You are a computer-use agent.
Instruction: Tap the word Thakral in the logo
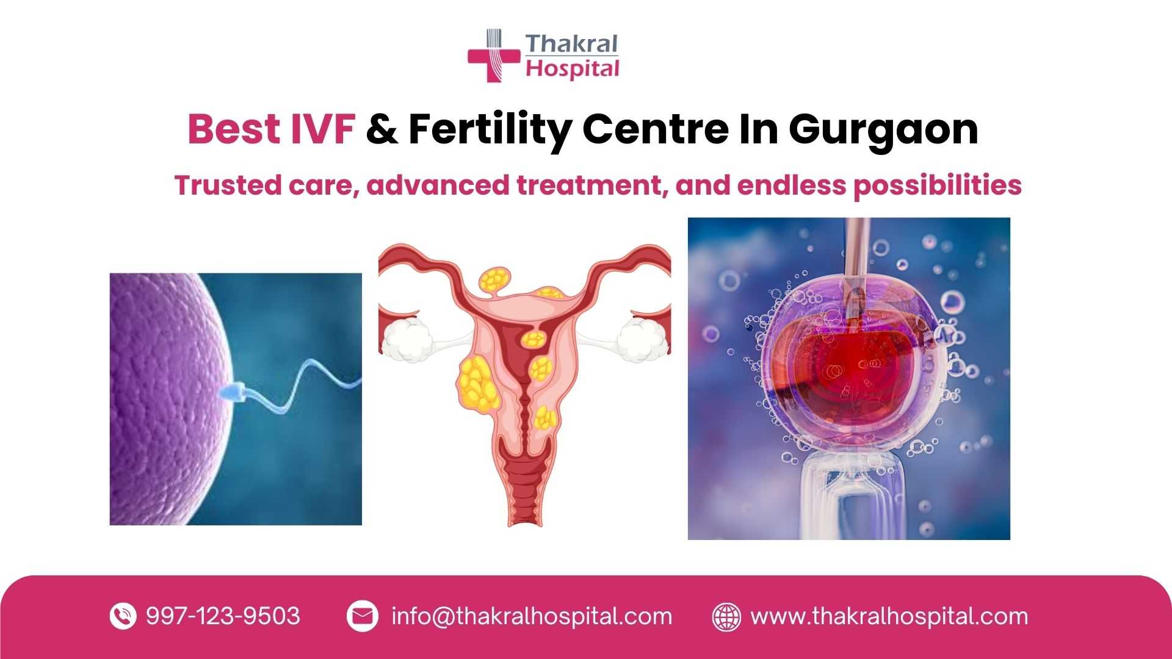(x=571, y=44)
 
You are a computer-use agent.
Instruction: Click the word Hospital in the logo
(x=573, y=68)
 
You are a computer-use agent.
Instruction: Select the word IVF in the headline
(x=321, y=129)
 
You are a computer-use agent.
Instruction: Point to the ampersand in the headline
(x=382, y=129)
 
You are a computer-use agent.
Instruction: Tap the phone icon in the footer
(x=123, y=616)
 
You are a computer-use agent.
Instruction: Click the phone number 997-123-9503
(x=223, y=616)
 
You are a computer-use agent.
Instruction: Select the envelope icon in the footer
(x=362, y=616)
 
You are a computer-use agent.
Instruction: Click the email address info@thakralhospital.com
(x=532, y=617)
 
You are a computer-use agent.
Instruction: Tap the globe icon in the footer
(x=726, y=616)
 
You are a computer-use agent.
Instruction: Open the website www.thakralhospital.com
(x=889, y=617)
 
